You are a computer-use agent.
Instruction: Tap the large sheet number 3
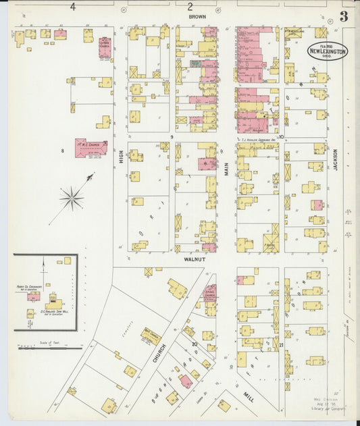[344, 17]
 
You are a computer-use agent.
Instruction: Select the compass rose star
[72, 198]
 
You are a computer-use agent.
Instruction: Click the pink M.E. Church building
[90, 148]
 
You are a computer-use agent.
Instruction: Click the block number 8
[62, 151]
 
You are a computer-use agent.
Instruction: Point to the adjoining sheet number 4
[73, 7]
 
